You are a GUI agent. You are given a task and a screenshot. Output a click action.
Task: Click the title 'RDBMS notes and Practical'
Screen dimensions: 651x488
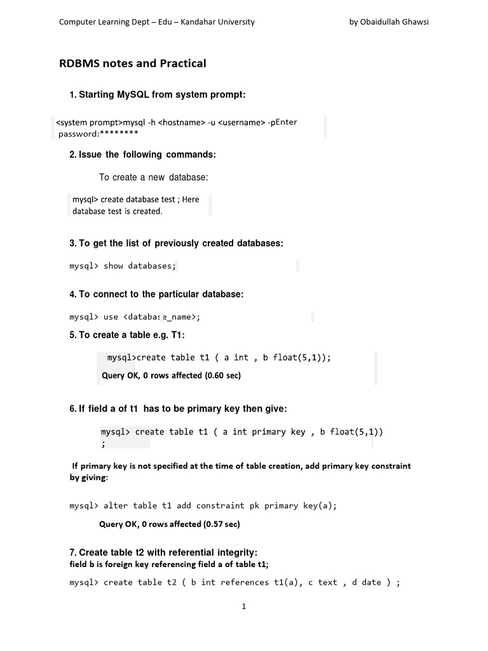(133, 64)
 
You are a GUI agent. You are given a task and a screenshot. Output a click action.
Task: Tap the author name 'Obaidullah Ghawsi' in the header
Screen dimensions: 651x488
(398, 22)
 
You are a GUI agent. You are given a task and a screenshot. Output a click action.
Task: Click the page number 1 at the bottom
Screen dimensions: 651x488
(243, 606)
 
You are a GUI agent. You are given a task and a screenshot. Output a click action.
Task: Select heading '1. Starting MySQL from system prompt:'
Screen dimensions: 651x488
(157, 95)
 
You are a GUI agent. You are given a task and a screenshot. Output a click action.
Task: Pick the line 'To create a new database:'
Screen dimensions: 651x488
(154, 177)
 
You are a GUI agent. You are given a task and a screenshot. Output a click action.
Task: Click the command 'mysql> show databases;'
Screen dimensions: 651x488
(122, 266)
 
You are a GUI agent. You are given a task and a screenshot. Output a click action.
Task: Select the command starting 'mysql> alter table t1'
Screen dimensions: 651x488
(203, 505)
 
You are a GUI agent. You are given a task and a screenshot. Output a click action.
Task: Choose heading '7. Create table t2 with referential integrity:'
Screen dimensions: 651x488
(163, 552)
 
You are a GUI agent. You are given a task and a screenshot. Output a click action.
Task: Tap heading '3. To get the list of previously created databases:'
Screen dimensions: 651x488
(177, 243)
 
